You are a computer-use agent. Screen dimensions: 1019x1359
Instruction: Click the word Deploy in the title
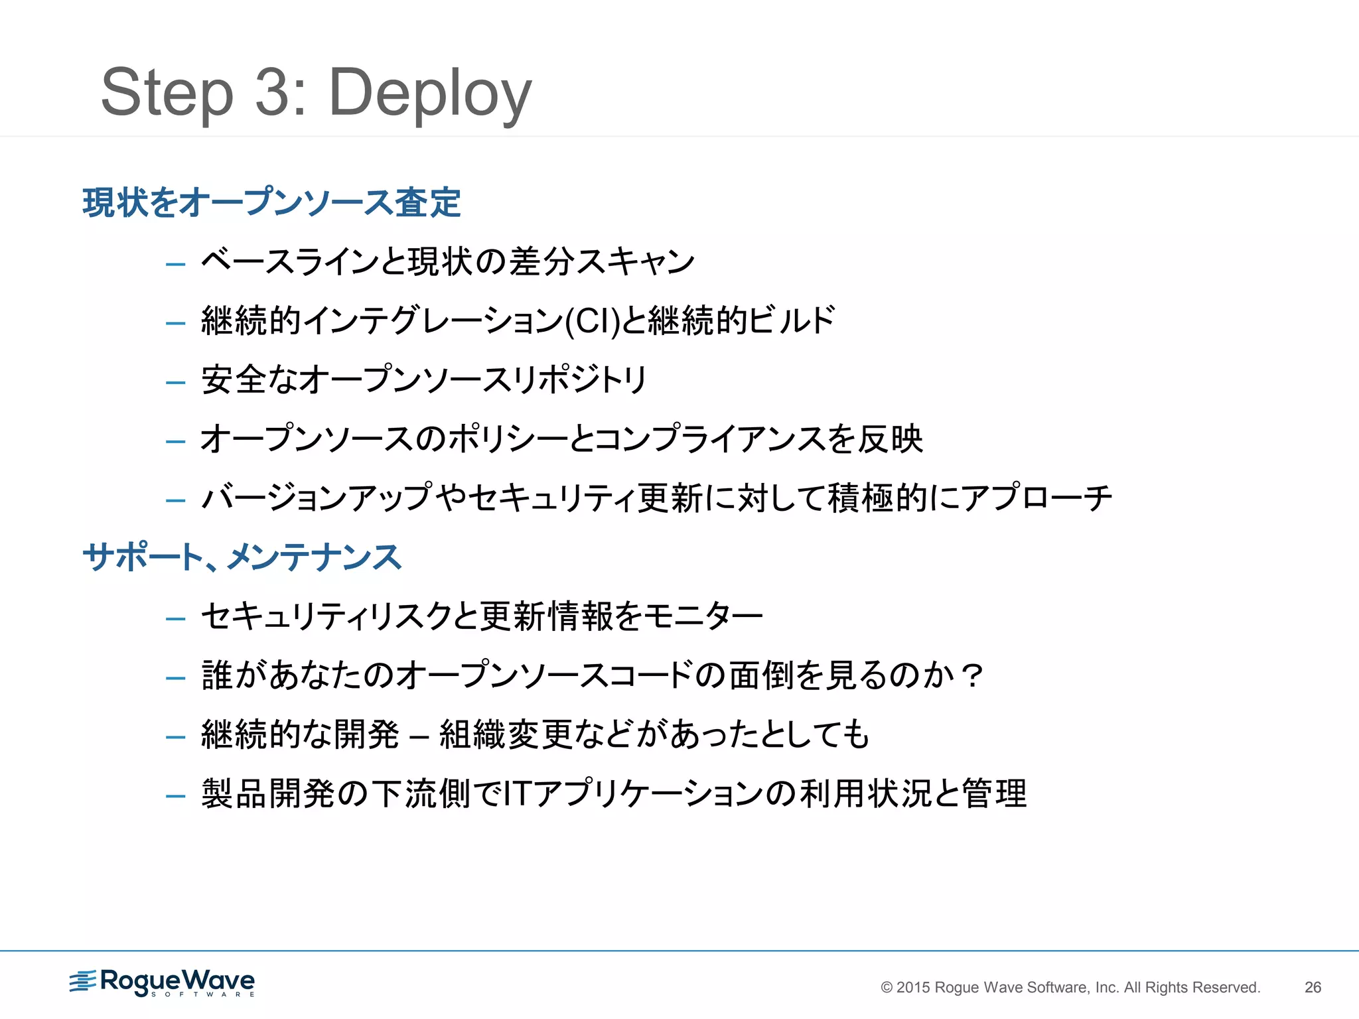pos(430,93)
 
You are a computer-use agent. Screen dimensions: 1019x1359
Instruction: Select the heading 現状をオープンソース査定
pos(271,202)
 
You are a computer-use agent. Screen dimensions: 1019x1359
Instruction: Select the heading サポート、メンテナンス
pos(242,557)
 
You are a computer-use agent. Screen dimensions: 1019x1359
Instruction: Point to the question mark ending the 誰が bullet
pos(973,675)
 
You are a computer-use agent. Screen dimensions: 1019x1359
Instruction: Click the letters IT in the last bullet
pos(516,793)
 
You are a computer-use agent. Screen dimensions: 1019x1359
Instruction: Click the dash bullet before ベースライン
pos(176,264)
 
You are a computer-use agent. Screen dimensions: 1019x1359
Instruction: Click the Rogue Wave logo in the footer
pos(163,983)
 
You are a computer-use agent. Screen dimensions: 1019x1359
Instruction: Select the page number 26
pos(1313,987)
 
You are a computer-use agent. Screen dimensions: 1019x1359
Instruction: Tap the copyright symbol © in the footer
pos(887,987)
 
